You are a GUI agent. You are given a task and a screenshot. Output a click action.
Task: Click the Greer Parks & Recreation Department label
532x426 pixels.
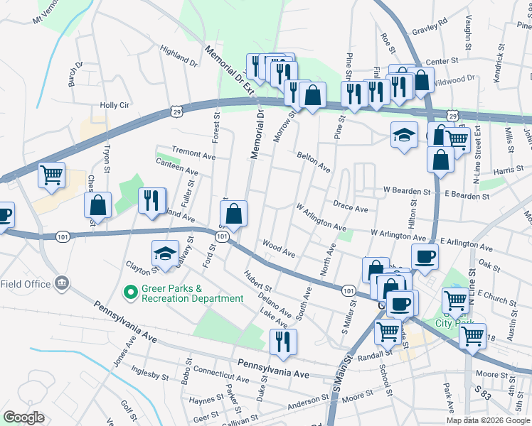(192, 293)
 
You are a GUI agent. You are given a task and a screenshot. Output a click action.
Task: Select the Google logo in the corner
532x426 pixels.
(23, 417)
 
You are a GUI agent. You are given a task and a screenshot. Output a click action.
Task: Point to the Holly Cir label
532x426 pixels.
(114, 105)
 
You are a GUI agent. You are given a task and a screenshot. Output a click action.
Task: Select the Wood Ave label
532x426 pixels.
(278, 248)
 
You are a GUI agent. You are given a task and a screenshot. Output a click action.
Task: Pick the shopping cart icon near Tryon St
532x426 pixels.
(51, 174)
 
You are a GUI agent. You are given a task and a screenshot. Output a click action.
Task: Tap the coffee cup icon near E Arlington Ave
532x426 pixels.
(425, 257)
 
